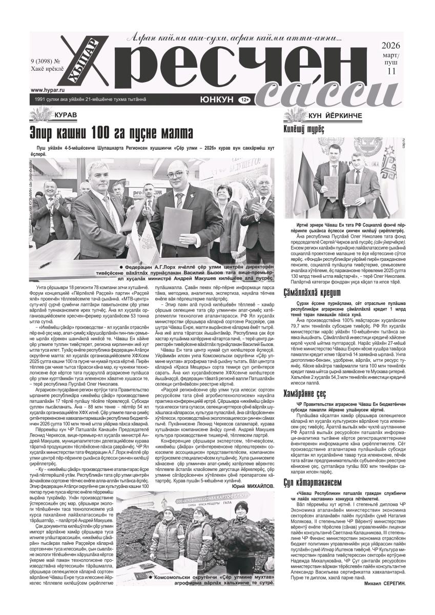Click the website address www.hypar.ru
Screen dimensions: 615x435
click(x=43, y=88)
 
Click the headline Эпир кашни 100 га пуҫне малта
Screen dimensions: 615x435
click(x=112, y=133)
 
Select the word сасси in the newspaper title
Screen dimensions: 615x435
click(x=315, y=92)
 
